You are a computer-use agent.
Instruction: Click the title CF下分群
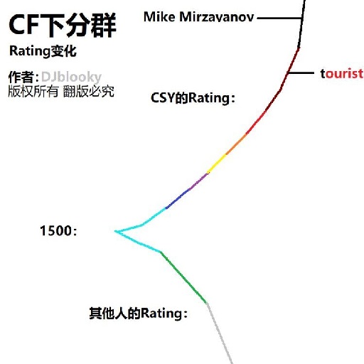(x=62, y=25)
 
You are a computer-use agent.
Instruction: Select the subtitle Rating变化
(x=43, y=51)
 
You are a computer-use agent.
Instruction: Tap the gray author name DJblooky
(x=71, y=77)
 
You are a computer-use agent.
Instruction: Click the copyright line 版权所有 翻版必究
(x=61, y=91)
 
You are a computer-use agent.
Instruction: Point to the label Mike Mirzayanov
(x=199, y=17)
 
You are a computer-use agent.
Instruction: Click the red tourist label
(x=342, y=73)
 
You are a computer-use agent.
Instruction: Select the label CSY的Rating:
(x=193, y=98)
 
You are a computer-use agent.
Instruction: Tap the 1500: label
(x=58, y=230)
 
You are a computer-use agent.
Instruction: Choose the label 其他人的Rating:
(x=139, y=314)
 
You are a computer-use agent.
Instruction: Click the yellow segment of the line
(x=217, y=164)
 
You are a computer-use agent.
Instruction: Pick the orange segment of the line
(x=236, y=144)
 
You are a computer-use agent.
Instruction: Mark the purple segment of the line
(x=198, y=181)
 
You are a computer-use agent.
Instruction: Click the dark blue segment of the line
(x=177, y=198)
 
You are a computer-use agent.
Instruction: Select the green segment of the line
(x=183, y=277)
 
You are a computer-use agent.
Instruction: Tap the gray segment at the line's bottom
(x=220, y=333)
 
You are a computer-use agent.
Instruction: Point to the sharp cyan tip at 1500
(x=115, y=231)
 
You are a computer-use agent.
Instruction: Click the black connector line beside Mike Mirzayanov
(x=279, y=18)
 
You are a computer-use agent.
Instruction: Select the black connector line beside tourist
(x=301, y=73)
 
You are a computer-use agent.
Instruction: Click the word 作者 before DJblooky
(x=21, y=77)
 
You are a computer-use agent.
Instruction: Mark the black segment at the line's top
(x=301, y=23)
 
